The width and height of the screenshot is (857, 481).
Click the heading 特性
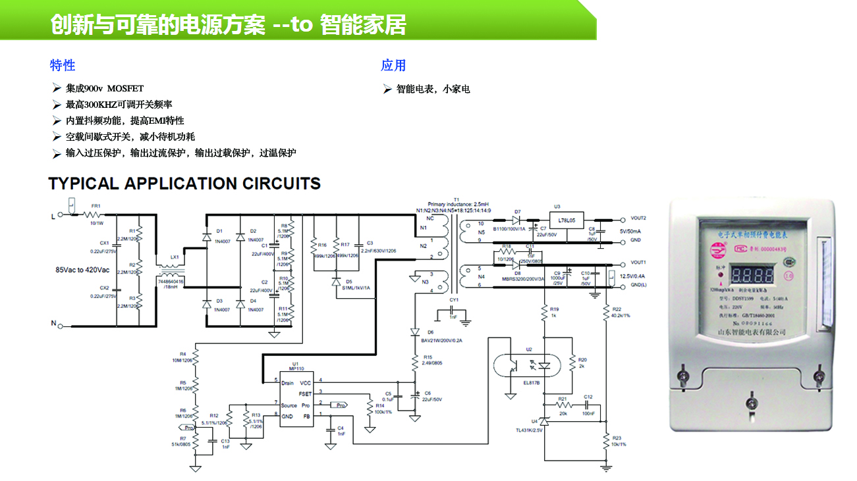coord(63,65)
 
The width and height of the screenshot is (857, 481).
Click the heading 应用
coord(393,65)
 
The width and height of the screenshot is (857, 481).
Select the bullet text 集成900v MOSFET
coord(104,88)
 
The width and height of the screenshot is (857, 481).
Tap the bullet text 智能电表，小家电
coord(433,89)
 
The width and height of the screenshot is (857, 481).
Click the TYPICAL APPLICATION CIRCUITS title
coord(184,184)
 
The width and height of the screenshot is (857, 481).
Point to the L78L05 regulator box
coord(567,220)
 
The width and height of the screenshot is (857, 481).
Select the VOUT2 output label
coord(638,218)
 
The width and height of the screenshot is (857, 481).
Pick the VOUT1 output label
coord(638,263)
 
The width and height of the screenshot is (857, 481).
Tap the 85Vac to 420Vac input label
coord(82,269)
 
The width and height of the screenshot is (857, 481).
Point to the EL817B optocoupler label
coord(532,383)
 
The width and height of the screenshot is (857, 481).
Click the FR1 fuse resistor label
coord(95,206)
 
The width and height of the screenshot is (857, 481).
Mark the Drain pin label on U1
coord(287,382)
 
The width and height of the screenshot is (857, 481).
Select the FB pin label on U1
coord(306,417)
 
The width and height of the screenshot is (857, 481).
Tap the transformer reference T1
coord(456,199)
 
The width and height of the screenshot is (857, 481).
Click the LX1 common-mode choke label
coord(174,257)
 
